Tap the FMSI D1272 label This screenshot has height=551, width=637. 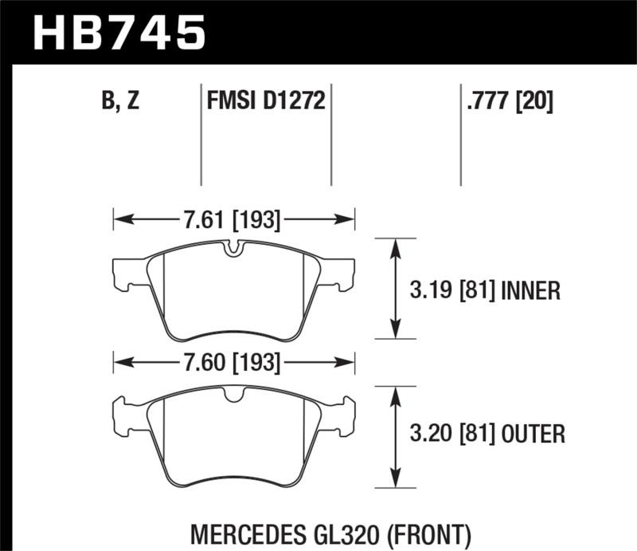[264, 101]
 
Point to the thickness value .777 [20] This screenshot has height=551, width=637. [507, 101]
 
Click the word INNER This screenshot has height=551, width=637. [531, 290]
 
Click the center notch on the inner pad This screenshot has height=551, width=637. [233, 249]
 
